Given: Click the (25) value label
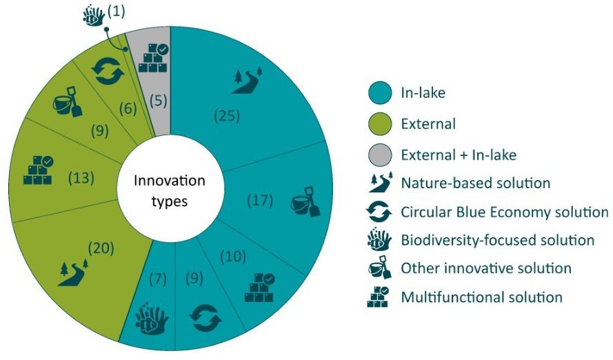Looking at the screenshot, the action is (227, 116).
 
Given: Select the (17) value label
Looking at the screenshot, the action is (260, 201).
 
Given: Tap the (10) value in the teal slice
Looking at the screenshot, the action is (233, 257).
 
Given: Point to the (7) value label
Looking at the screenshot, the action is (158, 279).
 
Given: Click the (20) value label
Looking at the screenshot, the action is (101, 248).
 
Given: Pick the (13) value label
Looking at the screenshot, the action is (81, 178).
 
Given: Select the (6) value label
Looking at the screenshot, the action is (128, 108).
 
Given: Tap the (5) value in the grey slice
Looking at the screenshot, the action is (159, 101).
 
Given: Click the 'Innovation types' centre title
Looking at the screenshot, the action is (170, 191).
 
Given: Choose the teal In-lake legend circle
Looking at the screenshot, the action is (380, 92).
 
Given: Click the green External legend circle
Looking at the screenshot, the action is (380, 124).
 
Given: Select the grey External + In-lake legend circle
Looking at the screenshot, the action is (380, 154).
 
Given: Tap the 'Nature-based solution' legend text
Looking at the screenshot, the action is (476, 183).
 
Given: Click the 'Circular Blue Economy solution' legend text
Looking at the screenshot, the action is (505, 212).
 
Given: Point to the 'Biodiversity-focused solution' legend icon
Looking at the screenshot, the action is (379, 239).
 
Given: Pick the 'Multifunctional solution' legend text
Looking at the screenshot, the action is (481, 297).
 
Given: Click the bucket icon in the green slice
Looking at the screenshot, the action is (68, 101).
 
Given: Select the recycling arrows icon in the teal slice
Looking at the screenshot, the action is (205, 318).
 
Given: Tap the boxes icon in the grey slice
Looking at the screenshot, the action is (153, 58).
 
